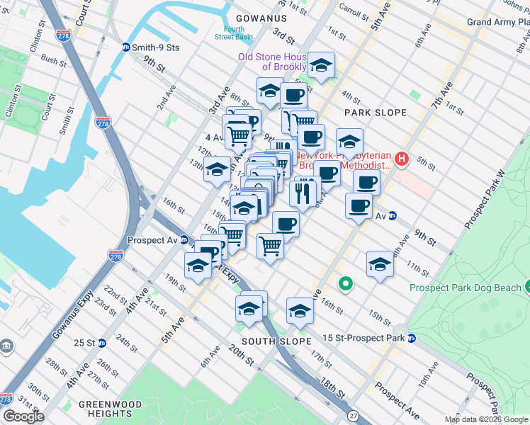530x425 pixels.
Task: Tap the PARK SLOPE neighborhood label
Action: tap(375, 113)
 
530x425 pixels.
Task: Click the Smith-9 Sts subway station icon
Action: tap(126, 47)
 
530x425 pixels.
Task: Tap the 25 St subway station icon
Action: tap(101, 343)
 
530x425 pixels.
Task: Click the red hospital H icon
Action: tap(402, 159)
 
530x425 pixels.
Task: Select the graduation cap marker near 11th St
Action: tap(380, 264)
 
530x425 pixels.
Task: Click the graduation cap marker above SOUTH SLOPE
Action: tap(300, 310)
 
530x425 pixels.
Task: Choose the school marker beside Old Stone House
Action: tap(322, 67)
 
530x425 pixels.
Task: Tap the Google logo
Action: tap(23, 416)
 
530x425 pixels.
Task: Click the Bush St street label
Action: tap(54, 60)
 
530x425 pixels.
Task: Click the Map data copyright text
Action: tap(487, 419)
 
